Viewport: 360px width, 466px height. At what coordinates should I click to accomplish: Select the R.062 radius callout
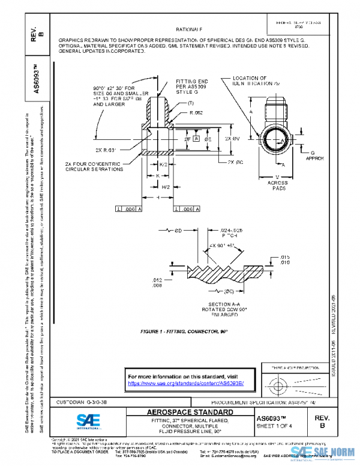tap(196, 112)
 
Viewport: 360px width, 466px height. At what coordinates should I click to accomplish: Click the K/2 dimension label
tap(164, 164)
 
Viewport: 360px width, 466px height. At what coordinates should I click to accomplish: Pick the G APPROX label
tap(317, 156)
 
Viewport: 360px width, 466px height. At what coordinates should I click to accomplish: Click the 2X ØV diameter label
tap(232, 138)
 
